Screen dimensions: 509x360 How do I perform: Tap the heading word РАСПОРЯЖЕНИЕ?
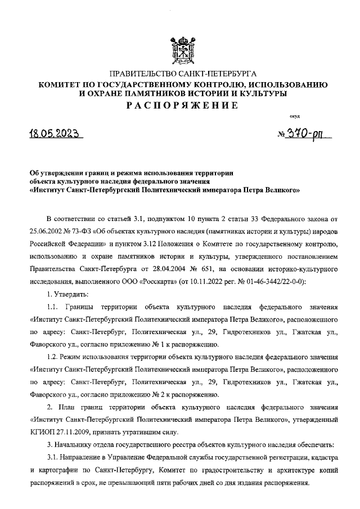point(179,105)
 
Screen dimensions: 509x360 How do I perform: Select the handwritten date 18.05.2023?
point(56,134)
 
